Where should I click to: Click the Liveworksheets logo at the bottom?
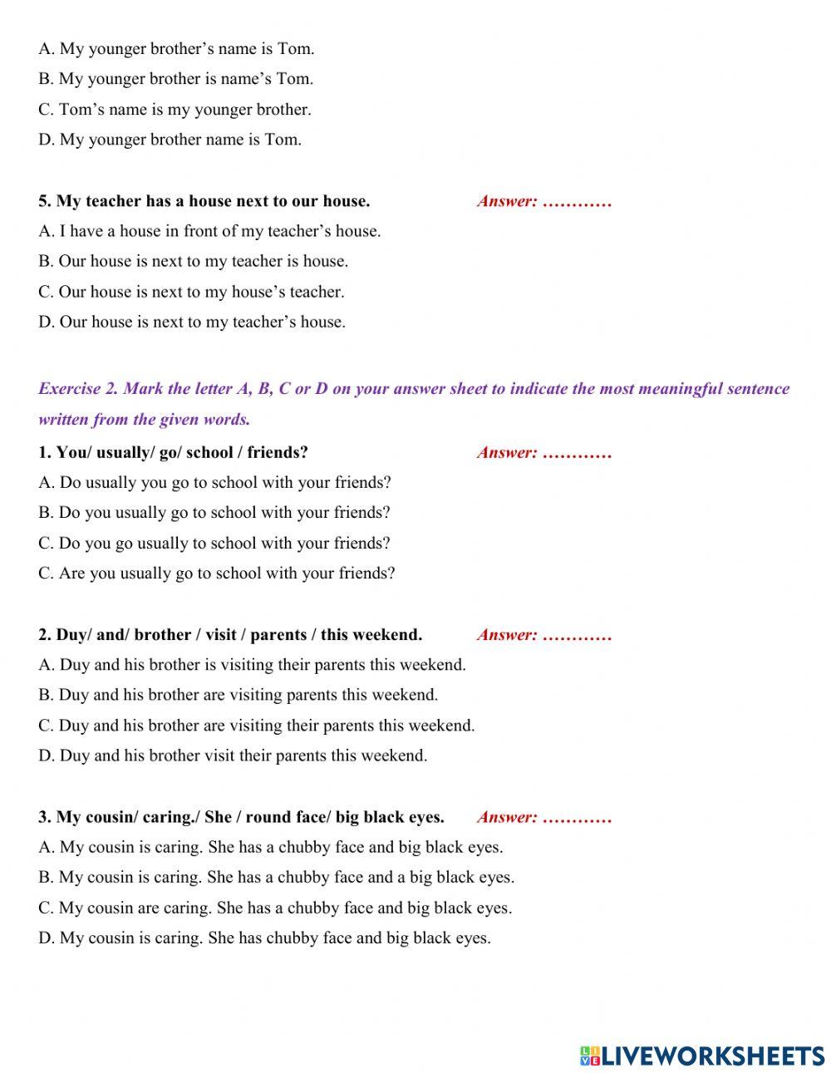(x=702, y=1056)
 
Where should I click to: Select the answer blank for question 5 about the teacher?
(x=577, y=201)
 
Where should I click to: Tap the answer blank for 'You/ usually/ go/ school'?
(x=577, y=453)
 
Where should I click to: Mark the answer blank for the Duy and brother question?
(x=577, y=635)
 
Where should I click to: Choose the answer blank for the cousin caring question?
(x=577, y=817)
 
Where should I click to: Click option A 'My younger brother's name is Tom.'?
(x=176, y=48)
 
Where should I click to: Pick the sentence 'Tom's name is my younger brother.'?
(x=175, y=109)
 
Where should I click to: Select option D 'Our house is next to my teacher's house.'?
(x=192, y=322)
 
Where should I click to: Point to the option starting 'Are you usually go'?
(x=216, y=573)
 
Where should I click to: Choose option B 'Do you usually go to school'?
(x=214, y=512)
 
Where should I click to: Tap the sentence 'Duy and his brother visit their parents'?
(x=233, y=756)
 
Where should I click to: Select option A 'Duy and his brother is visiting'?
(x=252, y=664)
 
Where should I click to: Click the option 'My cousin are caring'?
(x=275, y=908)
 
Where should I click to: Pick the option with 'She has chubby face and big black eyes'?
(x=264, y=938)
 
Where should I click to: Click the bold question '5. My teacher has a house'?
(x=204, y=201)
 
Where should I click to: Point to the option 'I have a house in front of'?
(x=209, y=231)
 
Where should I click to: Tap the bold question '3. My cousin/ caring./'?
(x=241, y=817)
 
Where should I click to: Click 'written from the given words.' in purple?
(x=144, y=419)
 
